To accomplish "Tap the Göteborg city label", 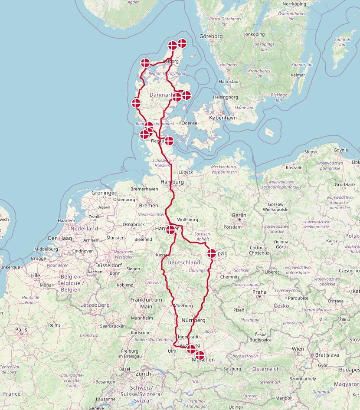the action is (x=211, y=36).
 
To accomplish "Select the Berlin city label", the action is (x=239, y=215).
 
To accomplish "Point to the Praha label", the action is (x=260, y=292).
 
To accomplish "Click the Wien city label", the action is (x=298, y=349).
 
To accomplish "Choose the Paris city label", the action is (x=21, y=330).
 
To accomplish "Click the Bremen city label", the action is (x=148, y=205).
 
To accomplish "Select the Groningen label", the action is (x=105, y=193).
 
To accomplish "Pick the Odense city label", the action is (x=189, y=123).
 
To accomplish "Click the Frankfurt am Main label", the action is (x=146, y=303).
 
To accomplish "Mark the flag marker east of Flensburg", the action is (x=169, y=141).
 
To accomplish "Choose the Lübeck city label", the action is (x=185, y=172).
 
